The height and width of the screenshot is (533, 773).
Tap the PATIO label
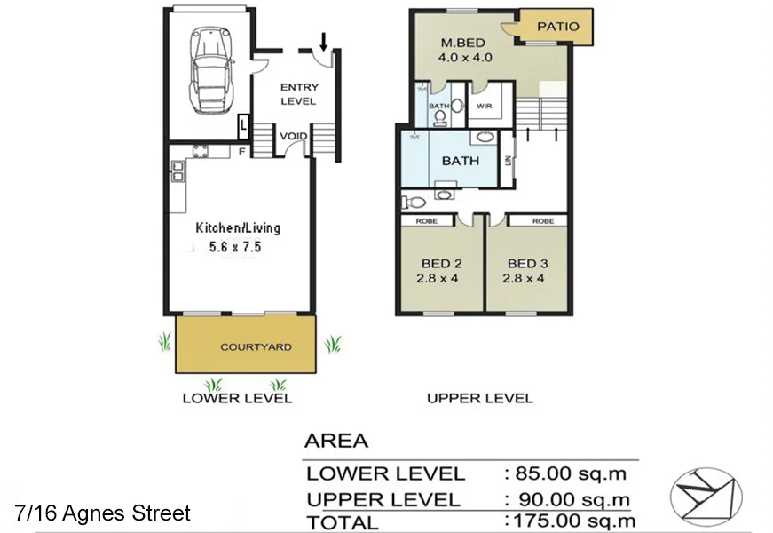pyautogui.click(x=558, y=27)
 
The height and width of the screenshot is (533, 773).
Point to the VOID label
pyautogui.click(x=294, y=136)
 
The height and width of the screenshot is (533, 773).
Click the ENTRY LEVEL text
pyautogui.click(x=298, y=94)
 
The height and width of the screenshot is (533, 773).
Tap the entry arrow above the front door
pyautogui.click(x=323, y=41)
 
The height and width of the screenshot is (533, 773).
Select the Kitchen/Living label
pyautogui.click(x=238, y=228)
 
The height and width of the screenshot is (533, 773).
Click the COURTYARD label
pyautogui.click(x=256, y=346)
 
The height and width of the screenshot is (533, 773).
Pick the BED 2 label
pyautogui.click(x=441, y=264)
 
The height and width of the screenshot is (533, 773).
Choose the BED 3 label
pyautogui.click(x=527, y=264)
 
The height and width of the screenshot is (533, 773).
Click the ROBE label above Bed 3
pyautogui.click(x=543, y=220)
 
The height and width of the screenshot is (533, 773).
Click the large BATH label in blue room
pyautogui.click(x=461, y=161)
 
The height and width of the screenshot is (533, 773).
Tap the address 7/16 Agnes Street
pyautogui.click(x=102, y=513)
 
